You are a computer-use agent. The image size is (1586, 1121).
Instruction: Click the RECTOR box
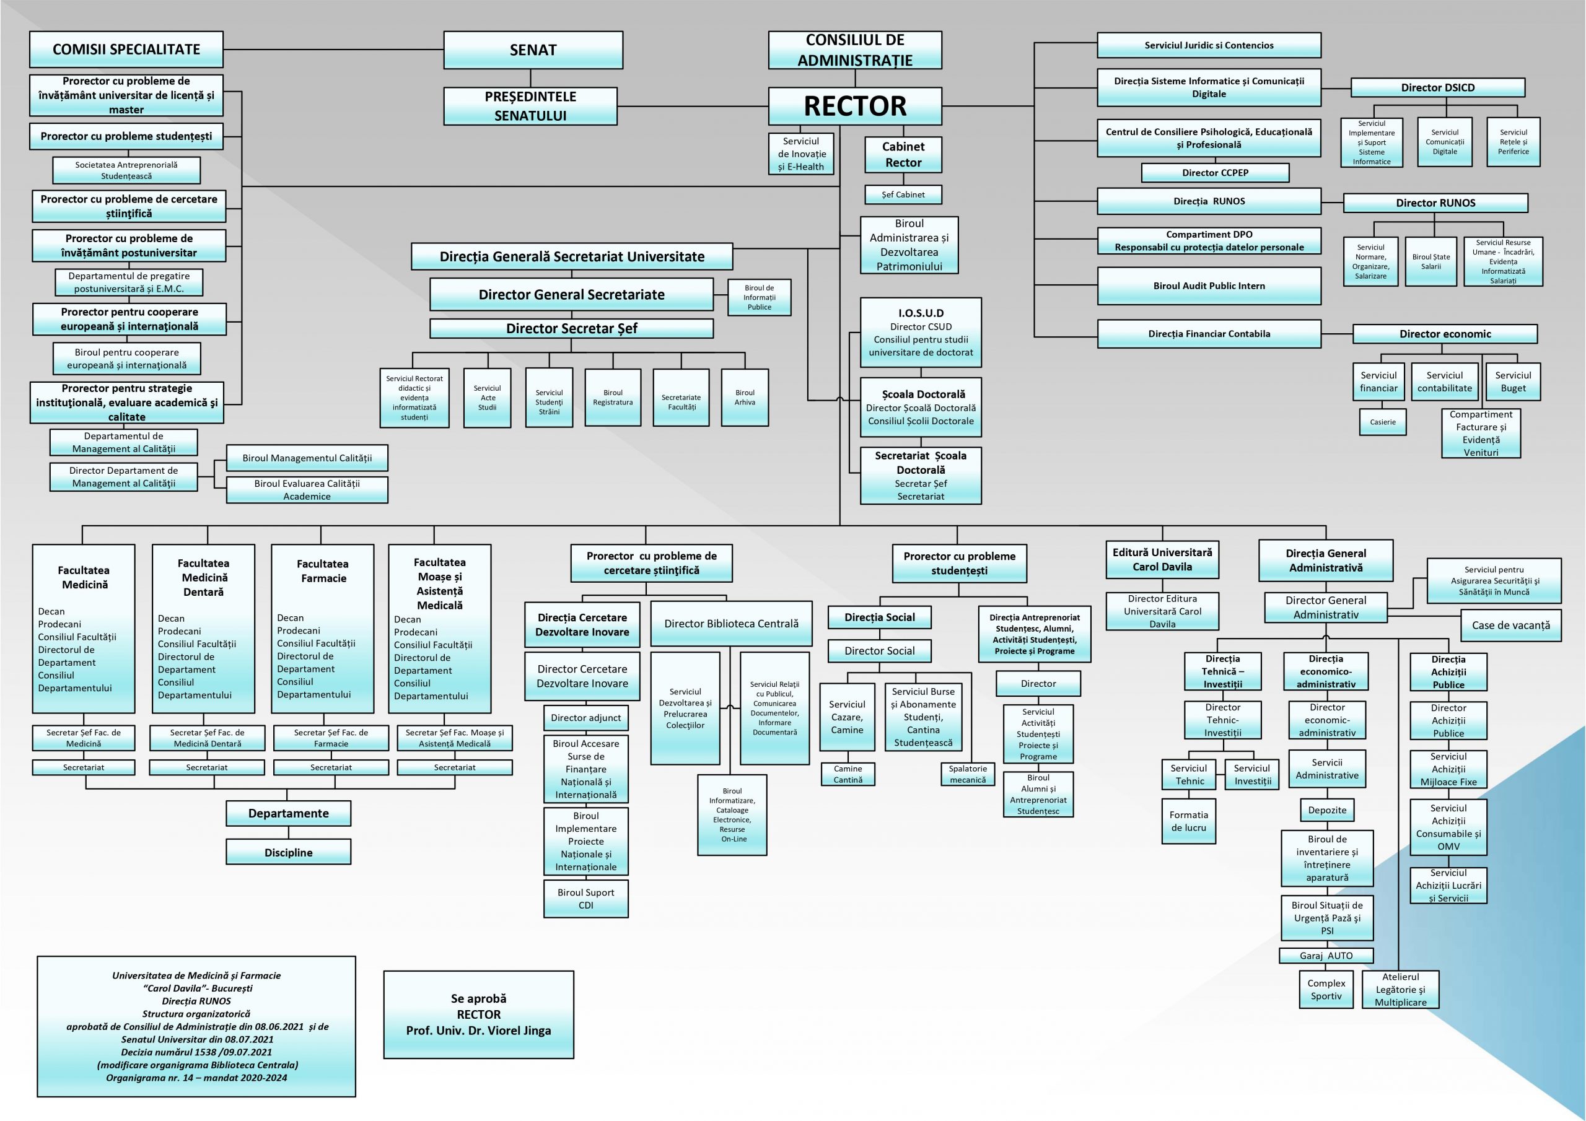coord(854,106)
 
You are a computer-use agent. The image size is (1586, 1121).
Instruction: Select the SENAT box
coord(533,50)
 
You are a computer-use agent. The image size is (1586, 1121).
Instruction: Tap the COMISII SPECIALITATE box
coord(126,50)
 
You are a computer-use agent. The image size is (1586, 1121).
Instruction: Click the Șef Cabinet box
coord(903,194)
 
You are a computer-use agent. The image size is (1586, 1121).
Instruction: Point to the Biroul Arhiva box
coord(745,397)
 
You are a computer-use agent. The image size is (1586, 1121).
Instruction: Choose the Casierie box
coord(1382,422)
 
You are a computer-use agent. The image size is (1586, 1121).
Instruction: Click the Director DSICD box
coord(1437,88)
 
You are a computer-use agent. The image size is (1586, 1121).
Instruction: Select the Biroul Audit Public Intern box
coord(1209,286)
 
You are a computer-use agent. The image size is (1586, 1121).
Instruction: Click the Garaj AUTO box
coord(1326,956)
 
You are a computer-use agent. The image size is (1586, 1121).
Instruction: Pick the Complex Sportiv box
coord(1326,990)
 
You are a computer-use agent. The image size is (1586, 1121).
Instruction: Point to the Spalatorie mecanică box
coord(967,774)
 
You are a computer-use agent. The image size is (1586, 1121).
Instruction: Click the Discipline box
coord(288,852)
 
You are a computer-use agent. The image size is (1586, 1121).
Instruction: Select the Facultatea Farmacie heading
coord(323,571)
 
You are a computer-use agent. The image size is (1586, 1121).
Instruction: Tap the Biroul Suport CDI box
coord(586,899)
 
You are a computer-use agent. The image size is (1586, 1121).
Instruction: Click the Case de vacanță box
coord(1510,625)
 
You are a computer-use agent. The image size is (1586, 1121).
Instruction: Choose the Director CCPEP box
coord(1215,173)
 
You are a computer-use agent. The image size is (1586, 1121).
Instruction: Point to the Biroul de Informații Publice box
coord(759,298)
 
